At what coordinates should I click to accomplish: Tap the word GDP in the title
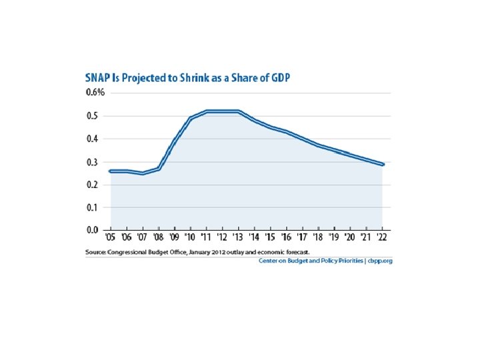[277, 78]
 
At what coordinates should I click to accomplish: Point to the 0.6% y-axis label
[95, 93]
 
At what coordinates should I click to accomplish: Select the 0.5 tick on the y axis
[93, 116]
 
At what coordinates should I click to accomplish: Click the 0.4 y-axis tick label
[93, 139]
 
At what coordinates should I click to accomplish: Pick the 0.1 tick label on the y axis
[93, 207]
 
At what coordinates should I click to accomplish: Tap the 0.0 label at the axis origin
[93, 230]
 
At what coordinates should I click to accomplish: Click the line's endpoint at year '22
[382, 164]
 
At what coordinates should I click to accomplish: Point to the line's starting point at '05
[111, 171]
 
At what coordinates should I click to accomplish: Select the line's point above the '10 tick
[191, 118]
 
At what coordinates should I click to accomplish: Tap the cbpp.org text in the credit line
[380, 261]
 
